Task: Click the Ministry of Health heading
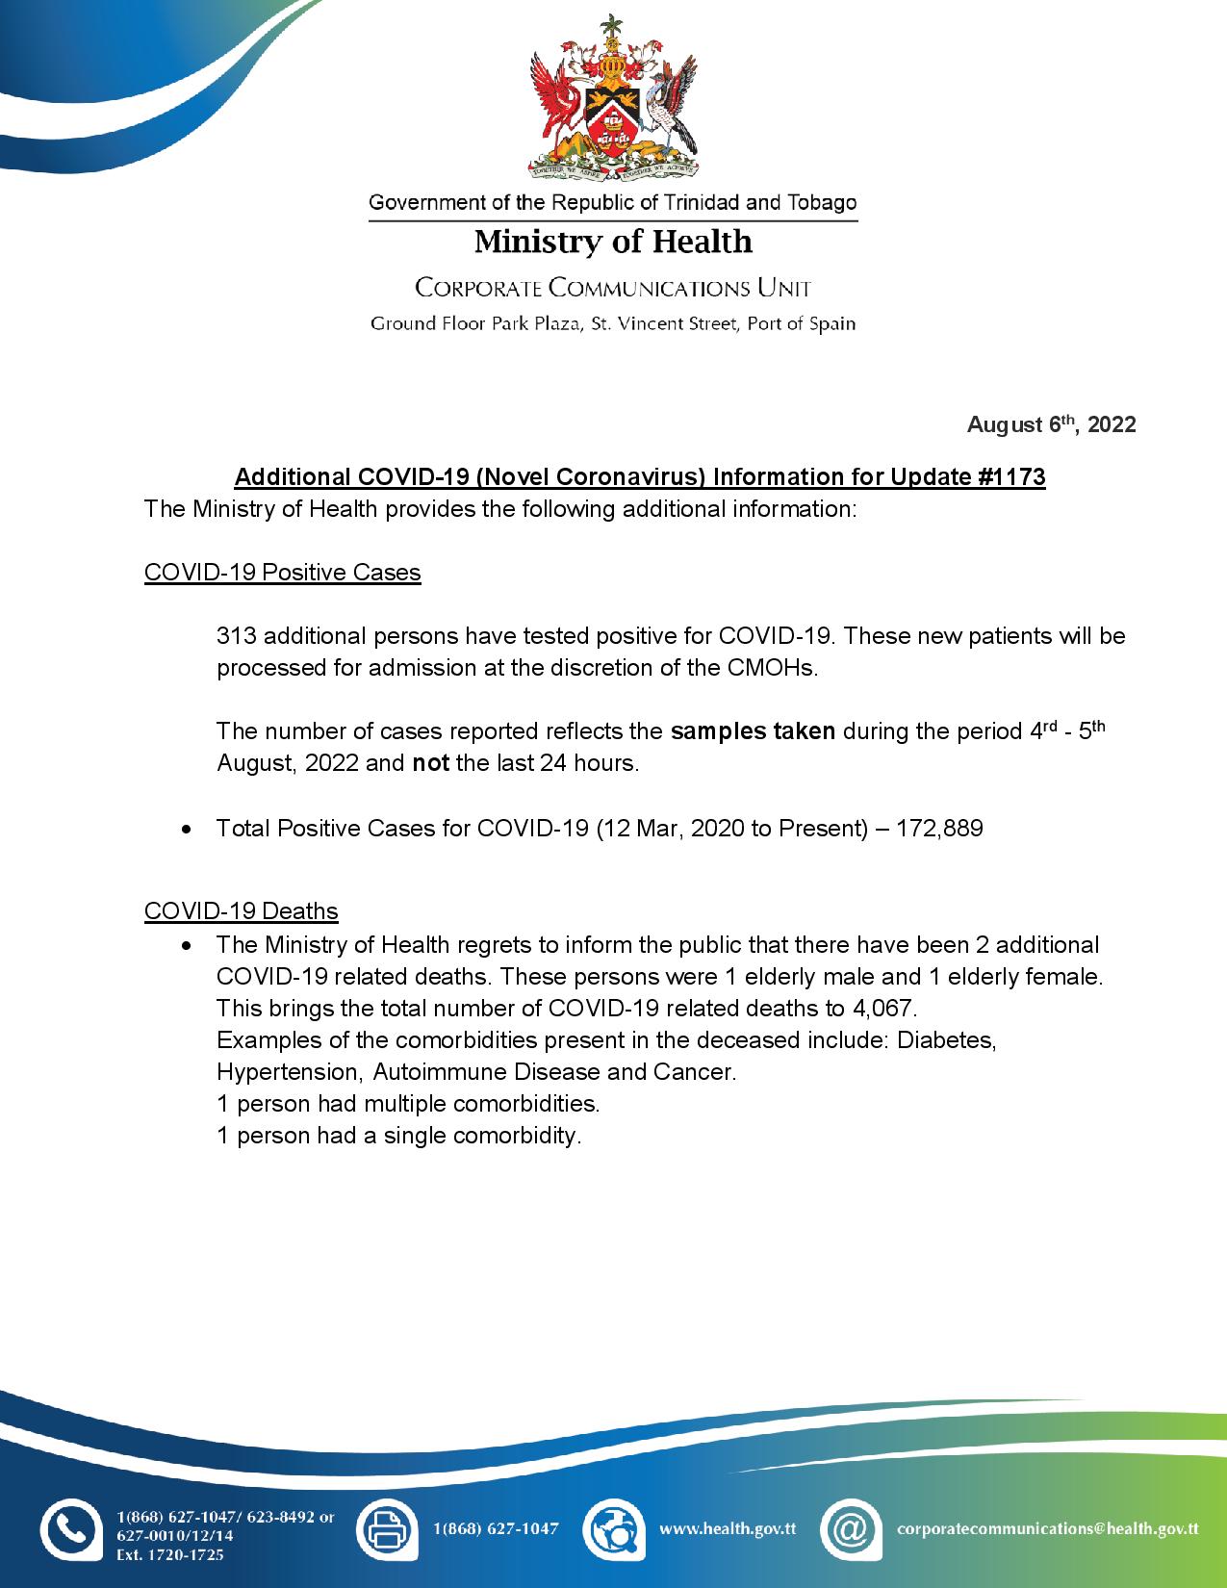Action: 613,241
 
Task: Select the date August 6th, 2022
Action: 1051,424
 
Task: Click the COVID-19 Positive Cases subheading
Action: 282,573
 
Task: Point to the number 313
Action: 236,636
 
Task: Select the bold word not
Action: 430,764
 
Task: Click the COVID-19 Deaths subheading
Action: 241,910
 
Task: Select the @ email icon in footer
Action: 851,1527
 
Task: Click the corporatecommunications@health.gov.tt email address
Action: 1047,1527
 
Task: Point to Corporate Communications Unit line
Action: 613,288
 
